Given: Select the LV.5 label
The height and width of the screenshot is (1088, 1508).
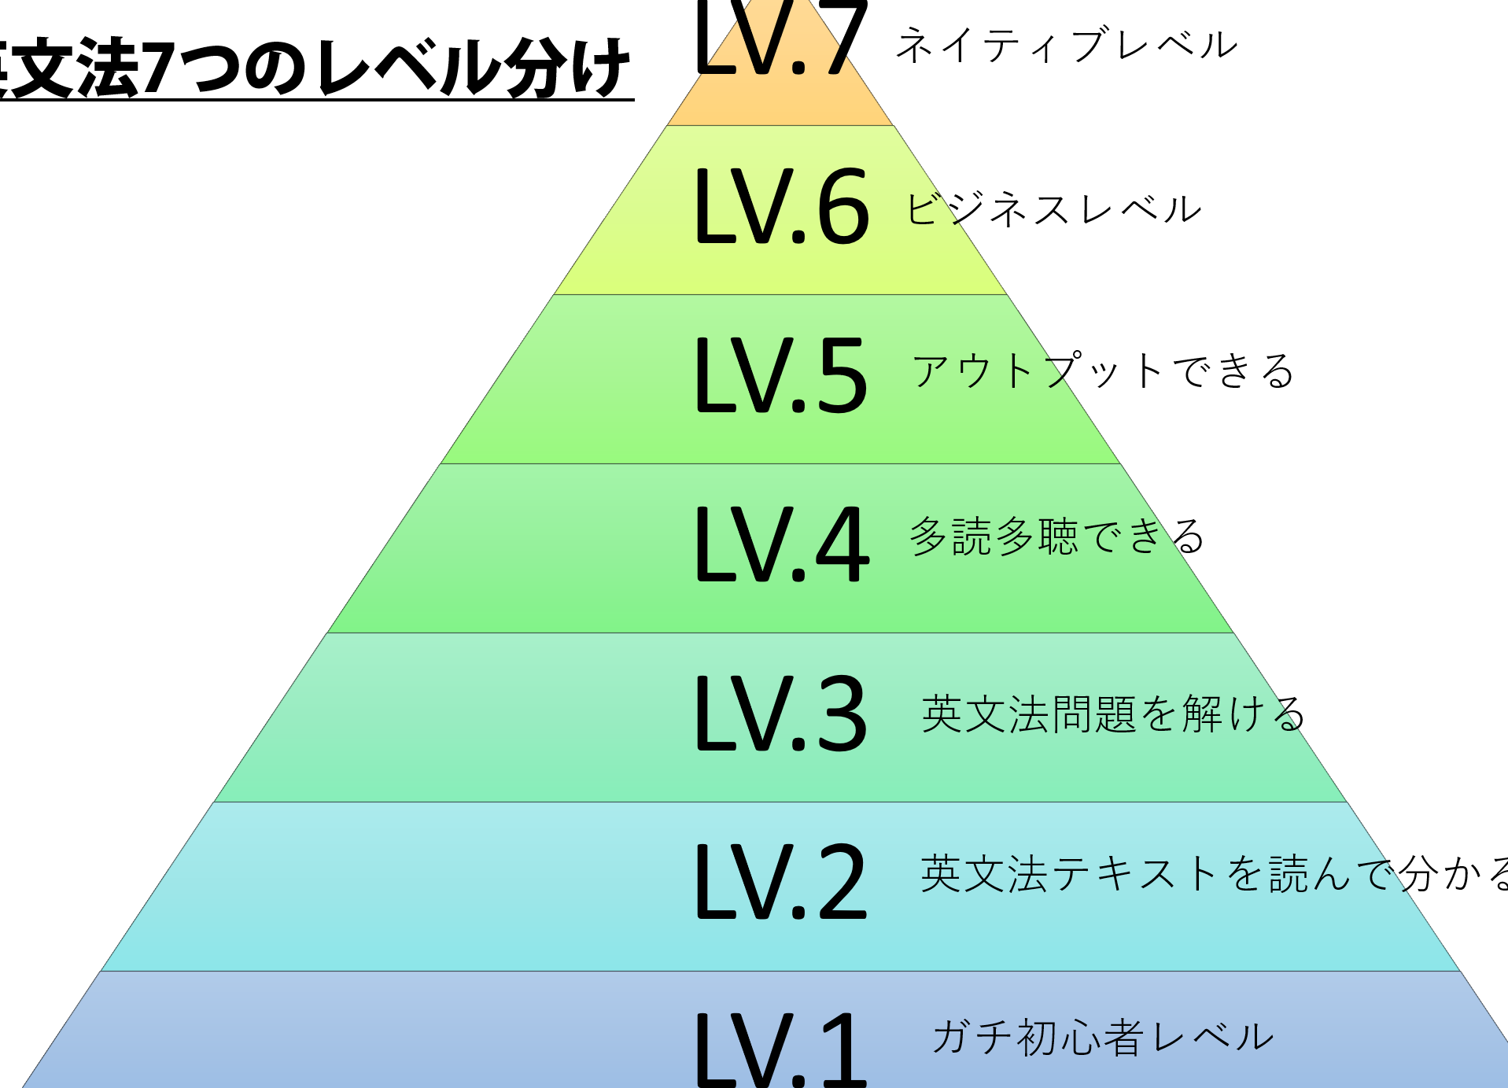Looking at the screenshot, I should [x=781, y=376].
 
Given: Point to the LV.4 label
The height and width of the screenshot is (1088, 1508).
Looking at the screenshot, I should [x=782, y=544].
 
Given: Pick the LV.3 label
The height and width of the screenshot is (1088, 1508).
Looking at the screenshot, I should [x=781, y=714].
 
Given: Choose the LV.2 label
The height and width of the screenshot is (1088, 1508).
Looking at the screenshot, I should [x=781, y=881].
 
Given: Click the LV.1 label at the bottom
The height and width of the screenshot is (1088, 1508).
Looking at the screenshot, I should [x=781, y=1050].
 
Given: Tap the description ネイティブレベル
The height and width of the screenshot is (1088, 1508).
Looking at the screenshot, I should [x=1067, y=45].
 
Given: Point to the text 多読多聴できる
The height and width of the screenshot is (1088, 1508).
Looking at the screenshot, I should [x=1056, y=537].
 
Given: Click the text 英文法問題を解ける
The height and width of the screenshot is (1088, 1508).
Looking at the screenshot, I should [x=1112, y=714].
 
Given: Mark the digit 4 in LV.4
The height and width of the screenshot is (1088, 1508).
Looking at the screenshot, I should [x=842, y=544].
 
